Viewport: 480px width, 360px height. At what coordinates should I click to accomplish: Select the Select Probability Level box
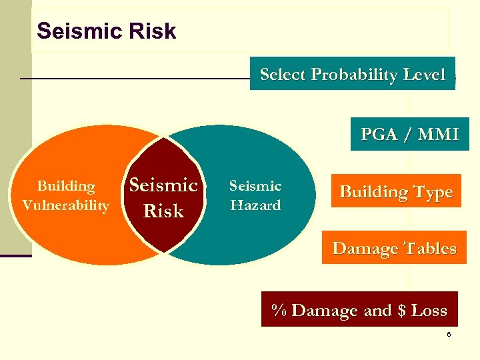[x=352, y=74]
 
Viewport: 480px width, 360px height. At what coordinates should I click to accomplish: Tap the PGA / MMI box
[x=409, y=134]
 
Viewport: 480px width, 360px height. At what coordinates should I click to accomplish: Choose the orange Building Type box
[x=396, y=192]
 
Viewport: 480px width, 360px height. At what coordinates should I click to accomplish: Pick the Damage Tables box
[x=394, y=249]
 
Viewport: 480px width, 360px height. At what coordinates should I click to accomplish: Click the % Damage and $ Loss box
[x=359, y=310]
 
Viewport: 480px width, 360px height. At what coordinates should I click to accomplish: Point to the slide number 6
[x=449, y=334]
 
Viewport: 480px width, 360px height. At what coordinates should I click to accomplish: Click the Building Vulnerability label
[x=65, y=195]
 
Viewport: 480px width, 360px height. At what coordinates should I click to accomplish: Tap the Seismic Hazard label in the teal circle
[x=255, y=195]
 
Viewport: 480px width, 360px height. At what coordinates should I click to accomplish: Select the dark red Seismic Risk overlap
[x=163, y=197]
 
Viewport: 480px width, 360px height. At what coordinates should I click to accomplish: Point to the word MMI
[x=438, y=134]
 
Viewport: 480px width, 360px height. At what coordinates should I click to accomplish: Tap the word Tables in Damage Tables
[x=429, y=249]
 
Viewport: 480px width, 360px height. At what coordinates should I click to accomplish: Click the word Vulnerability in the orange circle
[x=65, y=205]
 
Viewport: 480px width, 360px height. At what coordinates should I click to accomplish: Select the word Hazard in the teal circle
[x=255, y=205]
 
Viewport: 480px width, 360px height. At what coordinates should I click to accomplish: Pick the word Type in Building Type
[x=434, y=192]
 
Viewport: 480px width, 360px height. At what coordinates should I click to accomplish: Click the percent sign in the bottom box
[x=279, y=310]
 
